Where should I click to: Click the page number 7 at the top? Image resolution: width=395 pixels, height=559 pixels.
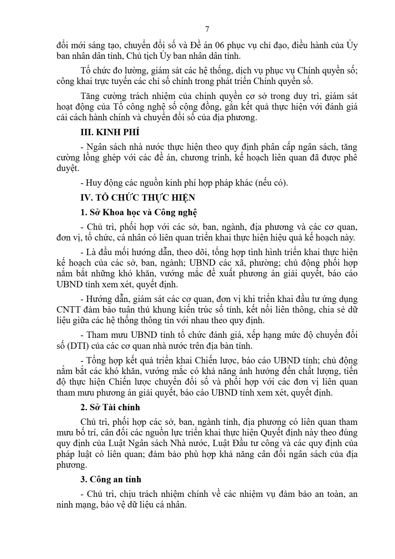207,29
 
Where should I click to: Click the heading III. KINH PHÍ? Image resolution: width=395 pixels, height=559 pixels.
110,132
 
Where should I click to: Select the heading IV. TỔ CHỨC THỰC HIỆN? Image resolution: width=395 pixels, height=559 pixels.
138,198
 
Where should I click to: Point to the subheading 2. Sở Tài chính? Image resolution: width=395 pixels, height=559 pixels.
110,407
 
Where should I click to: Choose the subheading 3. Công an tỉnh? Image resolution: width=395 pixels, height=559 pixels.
111,479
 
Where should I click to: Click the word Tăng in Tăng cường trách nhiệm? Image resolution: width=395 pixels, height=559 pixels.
89,96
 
